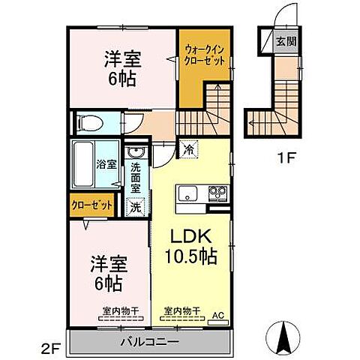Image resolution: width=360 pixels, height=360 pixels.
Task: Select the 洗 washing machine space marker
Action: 136,204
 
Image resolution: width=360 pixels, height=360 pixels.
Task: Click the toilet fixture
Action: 87,121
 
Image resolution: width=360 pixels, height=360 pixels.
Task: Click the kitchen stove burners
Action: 217,193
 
